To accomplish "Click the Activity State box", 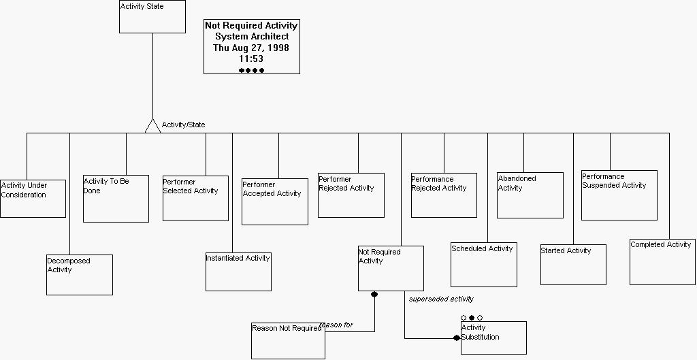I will (x=152, y=17).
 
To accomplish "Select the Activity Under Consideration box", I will (x=33, y=199).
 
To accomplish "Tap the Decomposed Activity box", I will (x=79, y=275).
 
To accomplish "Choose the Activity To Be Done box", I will (x=116, y=199).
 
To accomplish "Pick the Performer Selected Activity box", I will (x=195, y=198).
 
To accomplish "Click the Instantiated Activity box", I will (x=238, y=272).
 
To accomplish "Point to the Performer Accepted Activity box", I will (x=275, y=201).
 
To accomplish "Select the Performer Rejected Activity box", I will (x=351, y=195).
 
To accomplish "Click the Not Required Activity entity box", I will (x=391, y=268).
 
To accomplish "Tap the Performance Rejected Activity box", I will (x=444, y=195).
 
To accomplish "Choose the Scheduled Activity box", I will (x=483, y=265).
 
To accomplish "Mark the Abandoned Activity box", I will (x=530, y=195).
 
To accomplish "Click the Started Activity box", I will (x=573, y=265).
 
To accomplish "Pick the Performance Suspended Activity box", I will (x=619, y=195).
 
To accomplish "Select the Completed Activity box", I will (x=662, y=262).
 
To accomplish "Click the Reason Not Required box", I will (x=287, y=340).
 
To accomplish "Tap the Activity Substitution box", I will (x=493, y=338).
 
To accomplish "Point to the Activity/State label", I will (x=183, y=125).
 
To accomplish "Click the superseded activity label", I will (x=441, y=299).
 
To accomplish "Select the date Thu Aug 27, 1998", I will (x=251, y=48).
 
